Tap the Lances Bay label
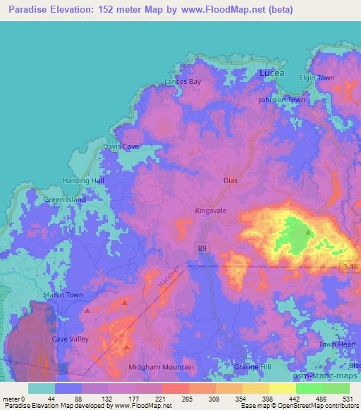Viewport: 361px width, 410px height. point(183,82)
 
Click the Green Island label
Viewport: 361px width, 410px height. point(65,199)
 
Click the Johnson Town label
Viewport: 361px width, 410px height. point(282,100)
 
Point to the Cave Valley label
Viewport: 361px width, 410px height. point(70,339)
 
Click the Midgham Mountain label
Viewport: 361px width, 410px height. point(161,367)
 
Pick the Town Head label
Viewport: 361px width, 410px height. point(335,344)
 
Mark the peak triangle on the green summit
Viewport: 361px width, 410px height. point(308,232)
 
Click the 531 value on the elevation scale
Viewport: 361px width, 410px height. point(347,398)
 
